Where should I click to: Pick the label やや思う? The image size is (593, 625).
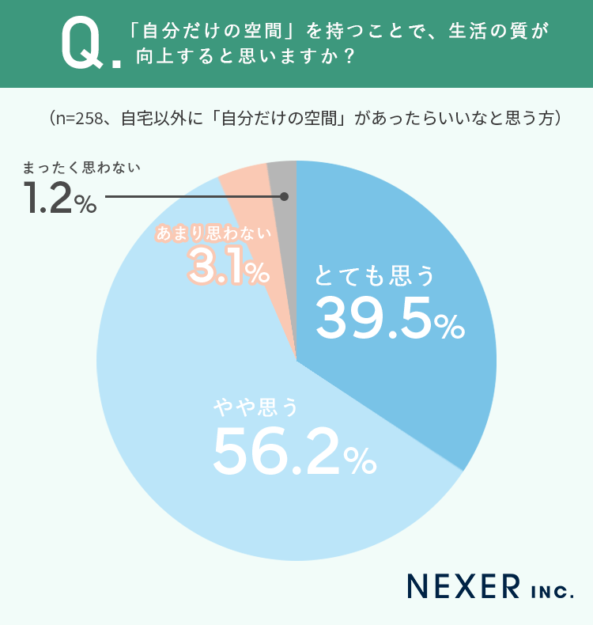coord(257,408)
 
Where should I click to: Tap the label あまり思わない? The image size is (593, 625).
coord(213,233)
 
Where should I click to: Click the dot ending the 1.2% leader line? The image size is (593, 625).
coord(284,196)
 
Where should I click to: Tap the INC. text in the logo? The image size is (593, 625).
coord(548,589)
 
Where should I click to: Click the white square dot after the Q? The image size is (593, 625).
coord(117,61)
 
